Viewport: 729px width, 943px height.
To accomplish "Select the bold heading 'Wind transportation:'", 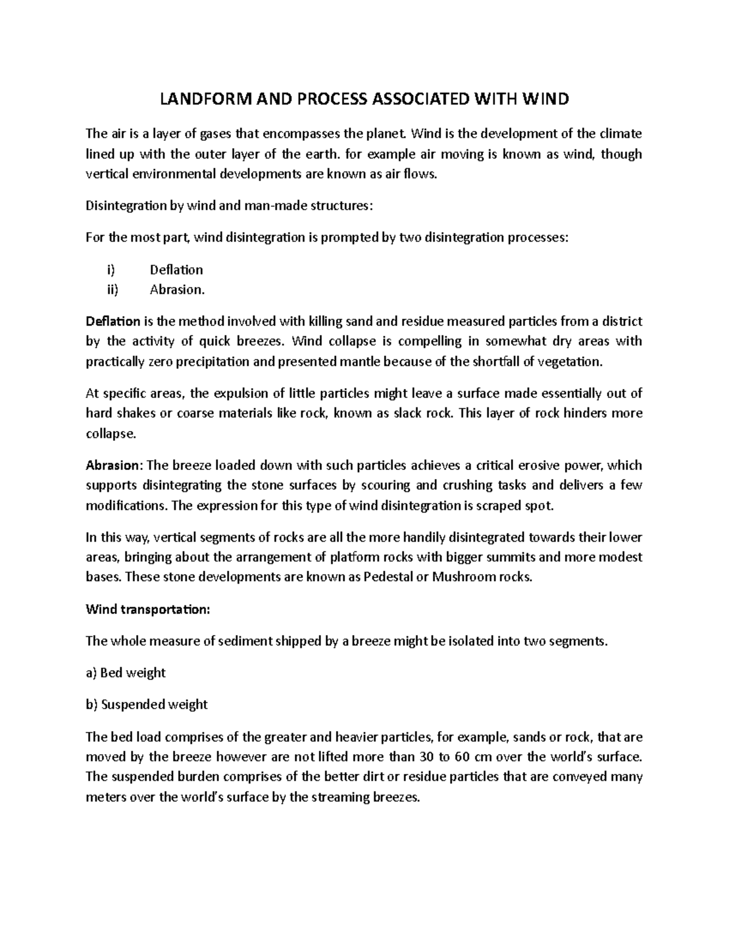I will pos(148,610).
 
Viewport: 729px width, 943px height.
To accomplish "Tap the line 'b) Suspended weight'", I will pos(146,704).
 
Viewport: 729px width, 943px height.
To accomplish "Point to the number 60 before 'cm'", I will pos(463,757).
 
